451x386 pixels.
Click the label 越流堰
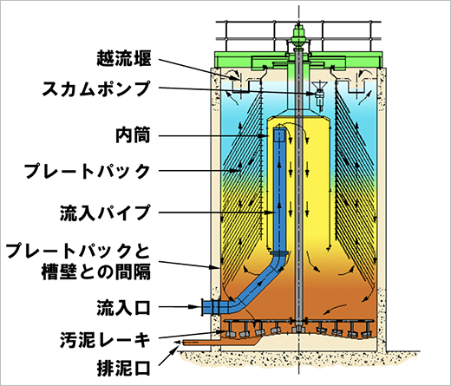123,58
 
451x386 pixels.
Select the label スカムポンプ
96,88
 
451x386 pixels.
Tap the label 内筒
133,134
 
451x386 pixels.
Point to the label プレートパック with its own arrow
87,171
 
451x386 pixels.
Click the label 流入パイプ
105,213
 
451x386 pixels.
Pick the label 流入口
123,307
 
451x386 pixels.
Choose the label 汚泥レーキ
105,340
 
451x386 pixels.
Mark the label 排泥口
123,368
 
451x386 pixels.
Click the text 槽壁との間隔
96,272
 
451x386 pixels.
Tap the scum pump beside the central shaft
319,95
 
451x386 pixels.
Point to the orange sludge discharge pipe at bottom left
219,343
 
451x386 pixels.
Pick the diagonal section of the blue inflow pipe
258,285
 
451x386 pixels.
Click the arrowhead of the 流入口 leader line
198,307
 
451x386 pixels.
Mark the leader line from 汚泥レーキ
192,335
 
